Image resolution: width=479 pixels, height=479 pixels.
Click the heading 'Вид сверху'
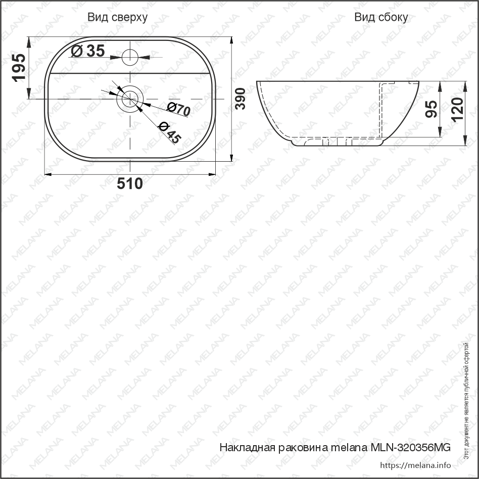click(x=117, y=18)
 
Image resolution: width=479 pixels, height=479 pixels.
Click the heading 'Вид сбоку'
click(x=381, y=18)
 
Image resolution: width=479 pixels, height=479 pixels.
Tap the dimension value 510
click(x=130, y=184)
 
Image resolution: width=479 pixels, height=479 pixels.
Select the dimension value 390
click(x=241, y=99)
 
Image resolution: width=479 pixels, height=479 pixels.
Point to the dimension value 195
click(x=19, y=68)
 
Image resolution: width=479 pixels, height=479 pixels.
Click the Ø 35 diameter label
click(x=88, y=51)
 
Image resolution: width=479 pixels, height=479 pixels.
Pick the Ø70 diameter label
click(x=178, y=109)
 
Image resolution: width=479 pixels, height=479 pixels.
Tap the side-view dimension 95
click(x=432, y=109)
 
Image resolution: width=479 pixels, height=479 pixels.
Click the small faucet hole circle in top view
click(x=131, y=56)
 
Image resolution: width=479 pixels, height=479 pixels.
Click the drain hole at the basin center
click(x=131, y=99)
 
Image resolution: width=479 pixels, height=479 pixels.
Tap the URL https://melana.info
click(x=415, y=465)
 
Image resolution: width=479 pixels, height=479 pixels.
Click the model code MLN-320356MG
click(x=410, y=448)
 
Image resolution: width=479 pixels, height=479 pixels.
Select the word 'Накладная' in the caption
click(x=246, y=448)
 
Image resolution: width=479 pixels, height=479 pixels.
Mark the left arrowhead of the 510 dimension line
click(x=48, y=174)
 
